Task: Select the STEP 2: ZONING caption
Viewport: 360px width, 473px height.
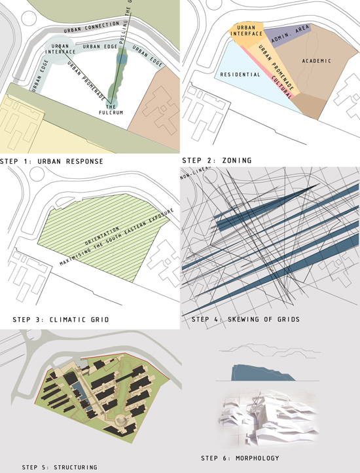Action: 217,159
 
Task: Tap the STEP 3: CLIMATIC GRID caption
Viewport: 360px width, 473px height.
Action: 60,320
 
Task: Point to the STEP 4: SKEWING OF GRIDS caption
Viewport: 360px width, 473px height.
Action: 245,319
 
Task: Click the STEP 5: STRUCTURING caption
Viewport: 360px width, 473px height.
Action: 60,467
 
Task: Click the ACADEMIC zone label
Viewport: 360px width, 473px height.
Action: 317,61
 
